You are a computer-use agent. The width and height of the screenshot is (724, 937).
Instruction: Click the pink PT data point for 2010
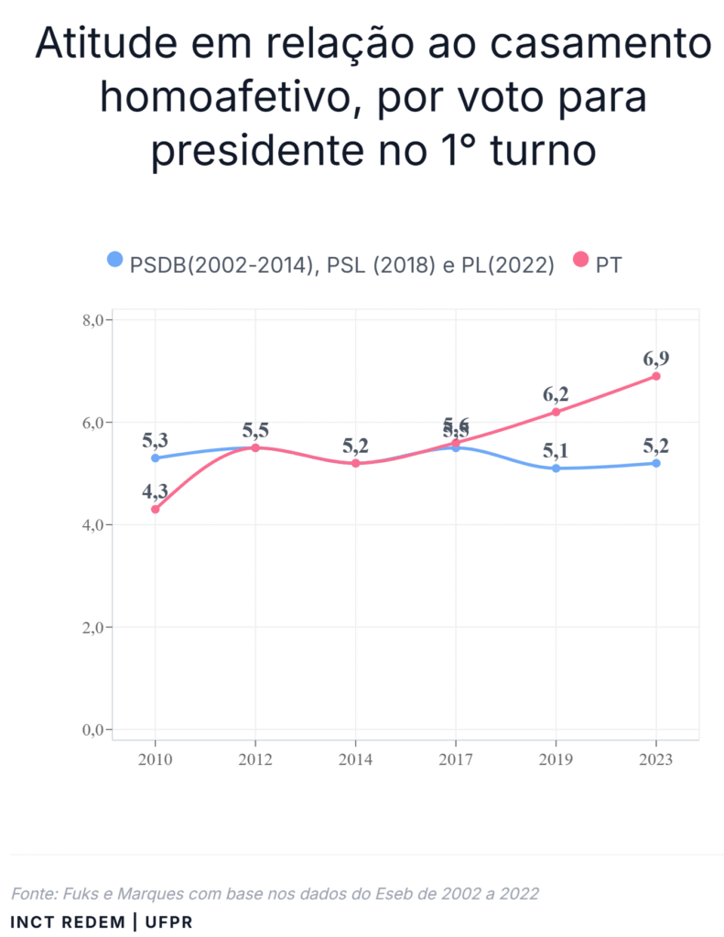point(156,509)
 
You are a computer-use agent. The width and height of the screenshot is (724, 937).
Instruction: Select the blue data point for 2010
point(156,458)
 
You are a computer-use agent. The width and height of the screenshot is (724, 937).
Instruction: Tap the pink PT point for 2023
point(656,376)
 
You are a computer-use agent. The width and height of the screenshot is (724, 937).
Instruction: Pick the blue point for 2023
point(656,463)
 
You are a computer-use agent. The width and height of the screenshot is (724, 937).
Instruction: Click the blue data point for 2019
point(557,468)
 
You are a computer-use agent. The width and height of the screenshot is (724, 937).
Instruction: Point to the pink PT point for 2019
point(557,412)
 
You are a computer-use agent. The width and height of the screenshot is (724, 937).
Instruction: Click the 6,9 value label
point(656,358)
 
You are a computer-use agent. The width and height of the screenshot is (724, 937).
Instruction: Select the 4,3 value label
point(156,490)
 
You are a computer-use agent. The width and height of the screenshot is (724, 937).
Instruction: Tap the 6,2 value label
point(556,394)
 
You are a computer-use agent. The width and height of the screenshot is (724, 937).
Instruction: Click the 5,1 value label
point(556,450)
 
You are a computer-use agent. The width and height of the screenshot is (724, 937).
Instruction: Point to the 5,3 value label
point(156,440)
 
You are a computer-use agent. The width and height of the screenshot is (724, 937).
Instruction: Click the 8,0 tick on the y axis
point(96,320)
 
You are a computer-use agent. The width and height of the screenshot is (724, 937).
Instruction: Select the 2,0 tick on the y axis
point(96,628)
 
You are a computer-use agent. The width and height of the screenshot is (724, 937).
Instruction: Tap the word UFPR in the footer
point(167,921)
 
